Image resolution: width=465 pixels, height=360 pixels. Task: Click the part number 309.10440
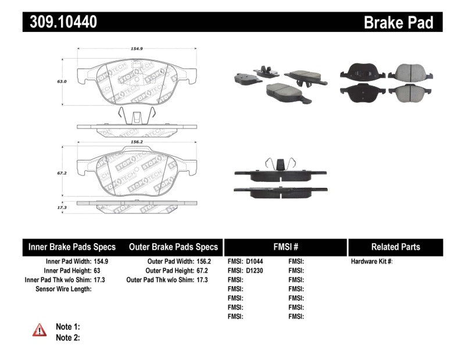(60, 22)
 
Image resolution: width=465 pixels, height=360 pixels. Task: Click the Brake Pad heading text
(399, 23)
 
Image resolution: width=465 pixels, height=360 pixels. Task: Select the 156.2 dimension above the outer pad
(136, 142)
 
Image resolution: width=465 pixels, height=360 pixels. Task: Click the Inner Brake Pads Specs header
(72, 247)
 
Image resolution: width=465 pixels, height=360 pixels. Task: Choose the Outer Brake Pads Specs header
(173, 247)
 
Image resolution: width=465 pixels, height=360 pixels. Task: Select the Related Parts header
(395, 247)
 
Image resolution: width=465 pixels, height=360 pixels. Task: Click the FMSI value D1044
(255, 262)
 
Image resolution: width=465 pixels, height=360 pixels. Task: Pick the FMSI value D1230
(255, 271)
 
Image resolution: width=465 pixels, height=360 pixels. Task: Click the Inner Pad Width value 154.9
(101, 262)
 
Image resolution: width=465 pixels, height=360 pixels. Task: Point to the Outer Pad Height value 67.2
(201, 271)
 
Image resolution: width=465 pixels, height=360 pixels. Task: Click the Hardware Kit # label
(371, 262)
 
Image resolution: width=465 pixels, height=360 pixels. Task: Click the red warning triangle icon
(40, 330)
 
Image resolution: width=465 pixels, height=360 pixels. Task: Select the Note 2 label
(67, 337)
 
